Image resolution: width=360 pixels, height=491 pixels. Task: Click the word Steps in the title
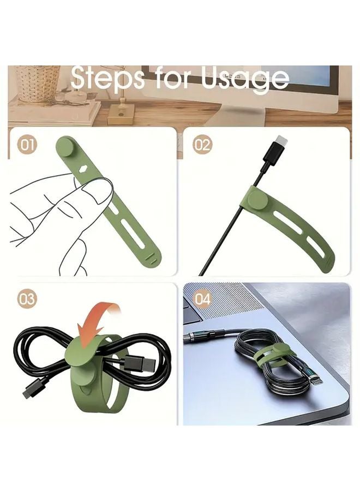[x=107, y=79]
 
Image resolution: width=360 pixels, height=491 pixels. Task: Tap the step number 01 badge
[x=27, y=145]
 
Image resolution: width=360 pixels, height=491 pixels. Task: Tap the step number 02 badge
[x=202, y=145]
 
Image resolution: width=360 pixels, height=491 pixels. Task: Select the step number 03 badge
[x=27, y=299]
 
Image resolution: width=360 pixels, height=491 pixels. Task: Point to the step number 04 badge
[x=202, y=299]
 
